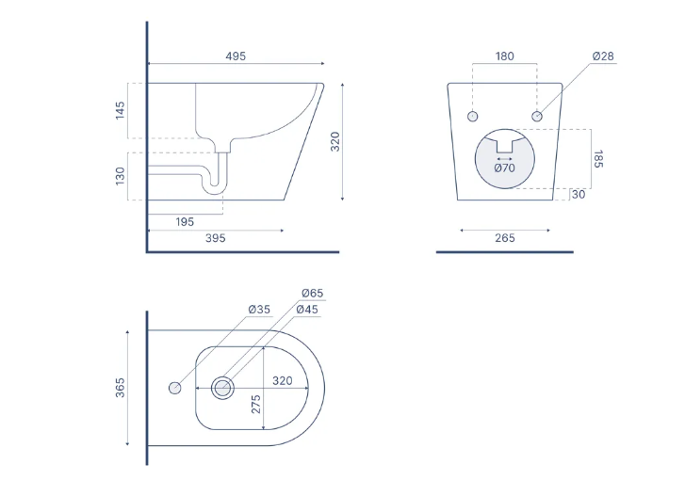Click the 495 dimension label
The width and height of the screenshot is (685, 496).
(x=236, y=56)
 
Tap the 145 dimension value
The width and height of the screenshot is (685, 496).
(x=121, y=110)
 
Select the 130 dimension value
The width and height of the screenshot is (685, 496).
(x=121, y=176)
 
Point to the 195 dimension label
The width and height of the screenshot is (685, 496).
(x=185, y=222)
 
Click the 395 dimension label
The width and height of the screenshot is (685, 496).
(x=216, y=238)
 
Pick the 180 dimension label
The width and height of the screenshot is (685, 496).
(x=505, y=56)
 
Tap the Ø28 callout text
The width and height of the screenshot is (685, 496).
(x=603, y=56)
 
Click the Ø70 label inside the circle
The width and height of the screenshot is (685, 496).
(x=505, y=168)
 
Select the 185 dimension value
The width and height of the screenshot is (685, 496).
(x=598, y=159)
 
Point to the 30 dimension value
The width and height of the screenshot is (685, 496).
(x=579, y=195)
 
